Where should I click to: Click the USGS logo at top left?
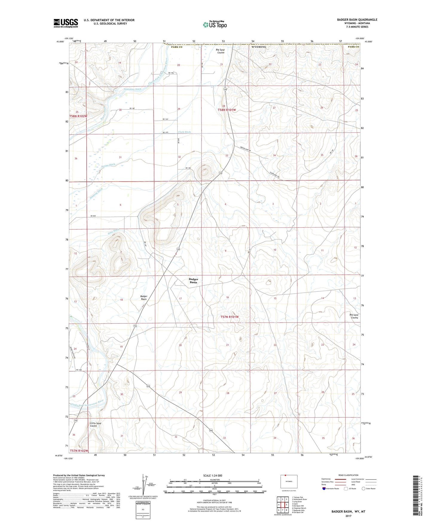(x=65, y=23)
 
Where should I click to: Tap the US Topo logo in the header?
(x=214, y=25)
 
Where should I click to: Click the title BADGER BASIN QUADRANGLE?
(x=357, y=20)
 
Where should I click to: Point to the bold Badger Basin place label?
(x=193, y=281)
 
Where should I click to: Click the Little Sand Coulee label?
(x=96, y=425)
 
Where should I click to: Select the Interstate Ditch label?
(x=133, y=89)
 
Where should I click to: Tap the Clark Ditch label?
(x=184, y=132)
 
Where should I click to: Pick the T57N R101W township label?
(x=230, y=317)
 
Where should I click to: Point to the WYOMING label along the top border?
(x=259, y=47)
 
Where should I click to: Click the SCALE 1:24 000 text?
(x=213, y=475)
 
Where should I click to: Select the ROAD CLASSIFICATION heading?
(x=348, y=475)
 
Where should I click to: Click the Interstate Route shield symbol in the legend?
(x=324, y=489)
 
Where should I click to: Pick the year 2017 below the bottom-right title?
(x=348, y=516)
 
